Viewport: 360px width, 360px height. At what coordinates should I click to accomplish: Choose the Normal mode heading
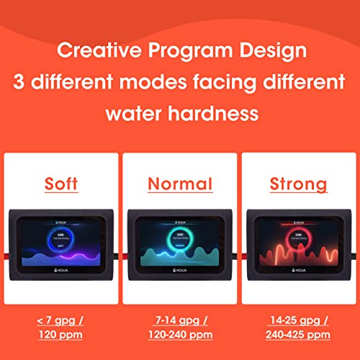pos(180,184)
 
